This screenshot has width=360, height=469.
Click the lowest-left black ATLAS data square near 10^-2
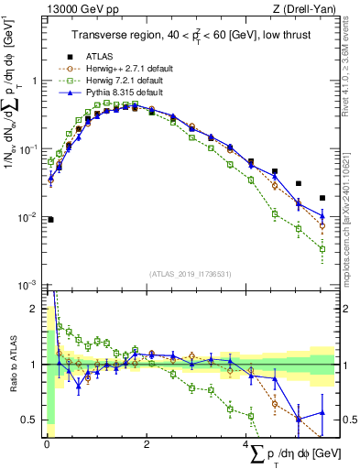click(x=50, y=220)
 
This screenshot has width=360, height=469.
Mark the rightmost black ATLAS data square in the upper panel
click(x=322, y=198)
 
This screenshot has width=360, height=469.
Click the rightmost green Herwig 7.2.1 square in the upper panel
click(x=322, y=248)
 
